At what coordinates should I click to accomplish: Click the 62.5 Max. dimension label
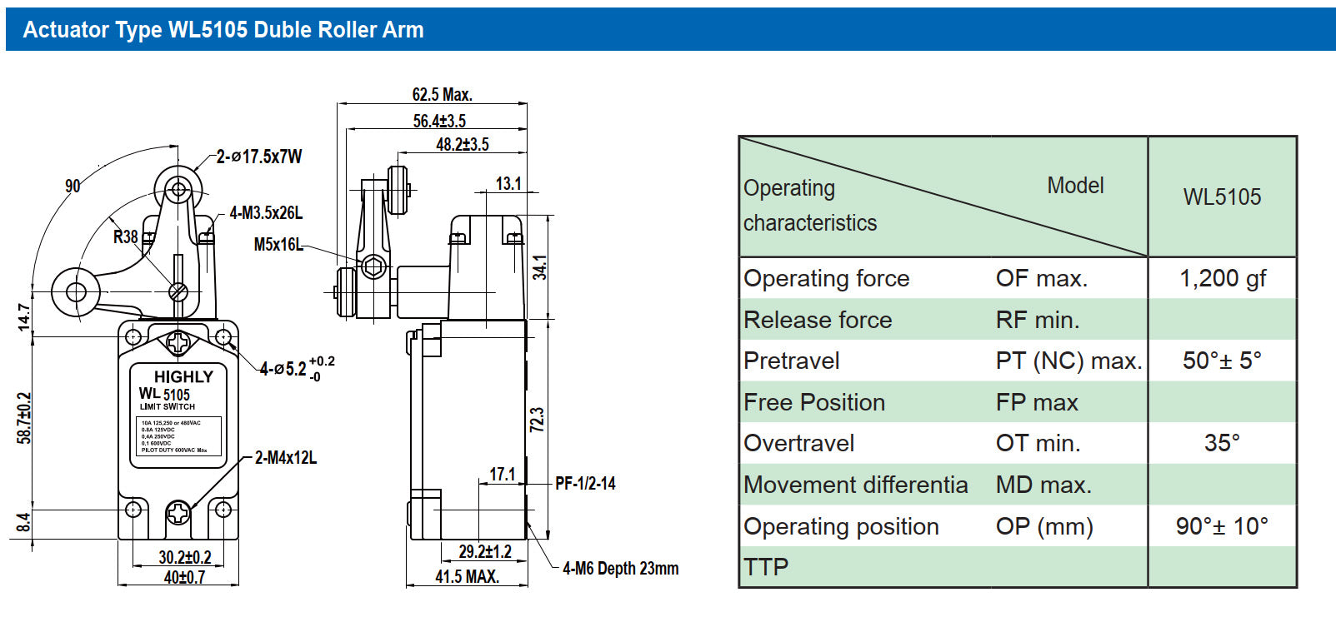pos(442,95)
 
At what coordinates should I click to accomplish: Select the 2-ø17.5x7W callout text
pos(259,157)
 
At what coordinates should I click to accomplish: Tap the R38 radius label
pos(126,236)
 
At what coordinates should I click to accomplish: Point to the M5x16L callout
pos(278,245)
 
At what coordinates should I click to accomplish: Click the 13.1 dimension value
pos(508,183)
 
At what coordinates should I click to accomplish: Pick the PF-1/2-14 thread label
pos(585,484)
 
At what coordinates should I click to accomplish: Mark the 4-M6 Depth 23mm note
pos(620,569)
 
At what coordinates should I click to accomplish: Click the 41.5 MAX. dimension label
pos(467,576)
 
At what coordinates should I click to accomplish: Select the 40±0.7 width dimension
pos(184,577)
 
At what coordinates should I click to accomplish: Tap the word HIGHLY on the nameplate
pos(183,376)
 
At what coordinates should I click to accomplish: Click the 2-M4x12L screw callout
pos(286,458)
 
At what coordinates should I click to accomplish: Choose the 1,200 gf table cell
pos(1222,278)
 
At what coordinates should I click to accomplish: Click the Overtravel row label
pos(798,443)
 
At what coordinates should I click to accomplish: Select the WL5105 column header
pos(1222,197)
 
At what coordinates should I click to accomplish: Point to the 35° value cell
pos(1222,443)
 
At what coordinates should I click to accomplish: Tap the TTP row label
pos(766,567)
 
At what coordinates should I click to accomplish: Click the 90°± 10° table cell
pos(1222,526)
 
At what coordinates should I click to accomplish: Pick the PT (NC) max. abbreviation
pos(1068,361)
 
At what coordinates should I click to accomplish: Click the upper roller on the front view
pos(178,189)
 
